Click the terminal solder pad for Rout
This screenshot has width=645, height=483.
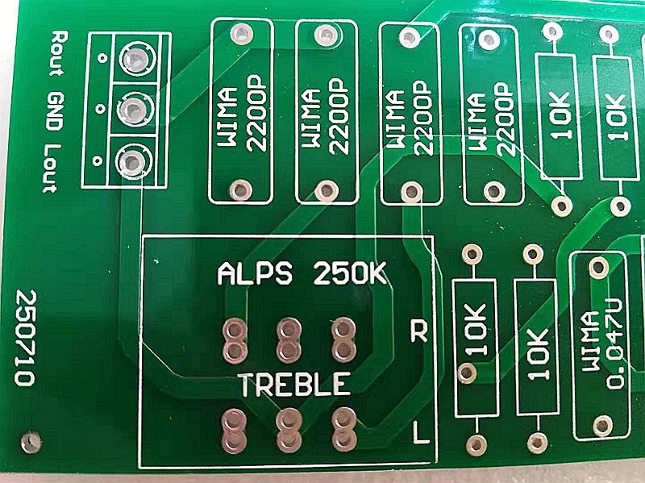[x=134, y=58]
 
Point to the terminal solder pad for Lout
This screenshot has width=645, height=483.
[x=131, y=161]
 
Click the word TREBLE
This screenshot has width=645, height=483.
[x=294, y=385]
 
